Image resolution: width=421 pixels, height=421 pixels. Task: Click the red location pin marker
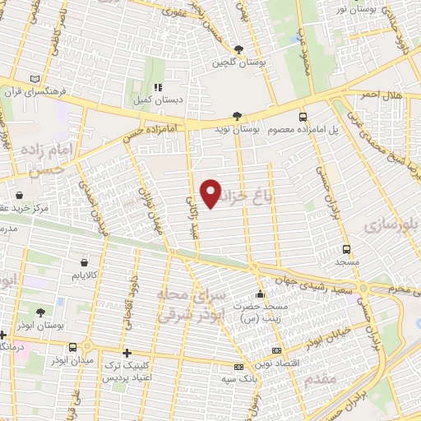[x=211, y=193]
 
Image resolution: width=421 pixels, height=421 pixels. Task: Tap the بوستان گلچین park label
[x=231, y=62]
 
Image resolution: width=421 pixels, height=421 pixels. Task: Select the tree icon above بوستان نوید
[x=237, y=117]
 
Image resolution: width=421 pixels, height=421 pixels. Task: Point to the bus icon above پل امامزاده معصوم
[x=303, y=117]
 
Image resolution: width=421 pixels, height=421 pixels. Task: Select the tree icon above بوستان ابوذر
[x=40, y=312]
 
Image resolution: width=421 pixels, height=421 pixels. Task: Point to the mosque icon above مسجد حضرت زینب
[x=261, y=294]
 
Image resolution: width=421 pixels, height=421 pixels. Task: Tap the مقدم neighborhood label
[x=320, y=380]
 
